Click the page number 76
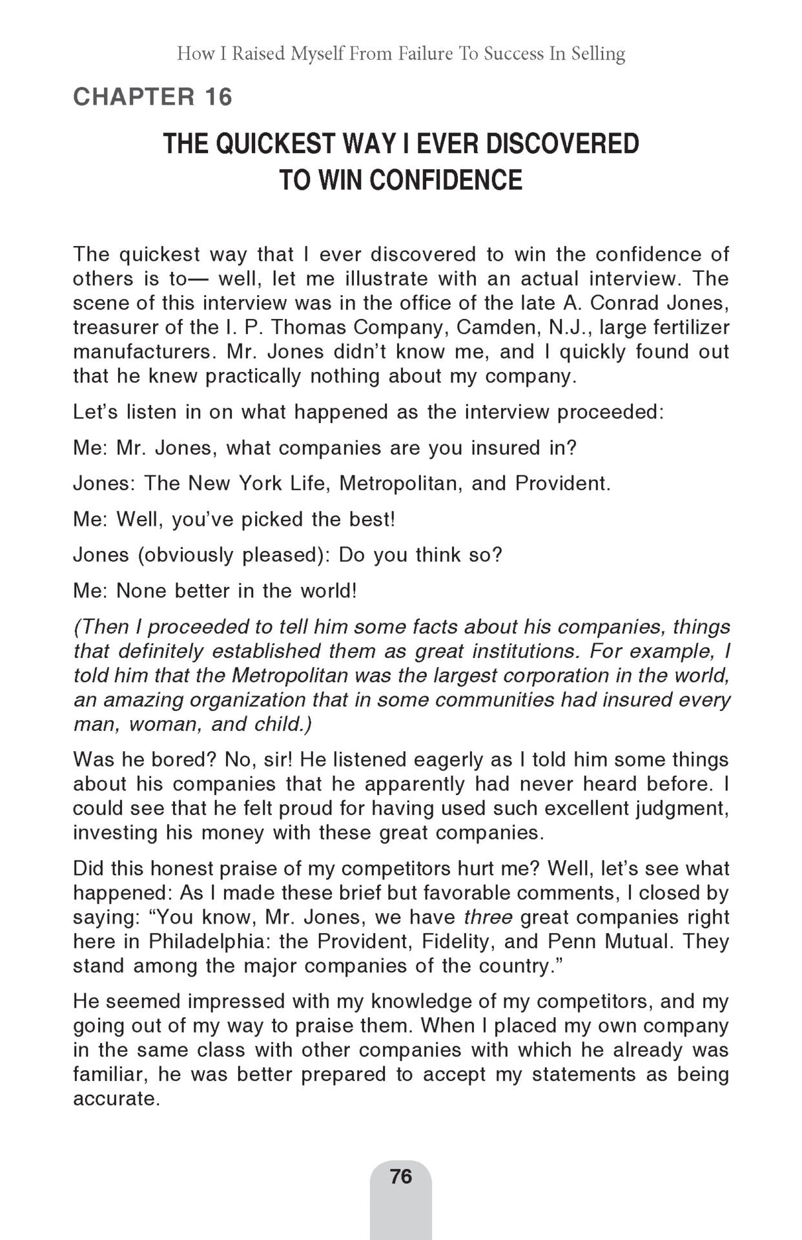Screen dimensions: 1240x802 [400, 1176]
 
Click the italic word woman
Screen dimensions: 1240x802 [163, 724]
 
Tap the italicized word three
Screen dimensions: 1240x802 [489, 917]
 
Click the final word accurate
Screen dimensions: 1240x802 [116, 1099]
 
